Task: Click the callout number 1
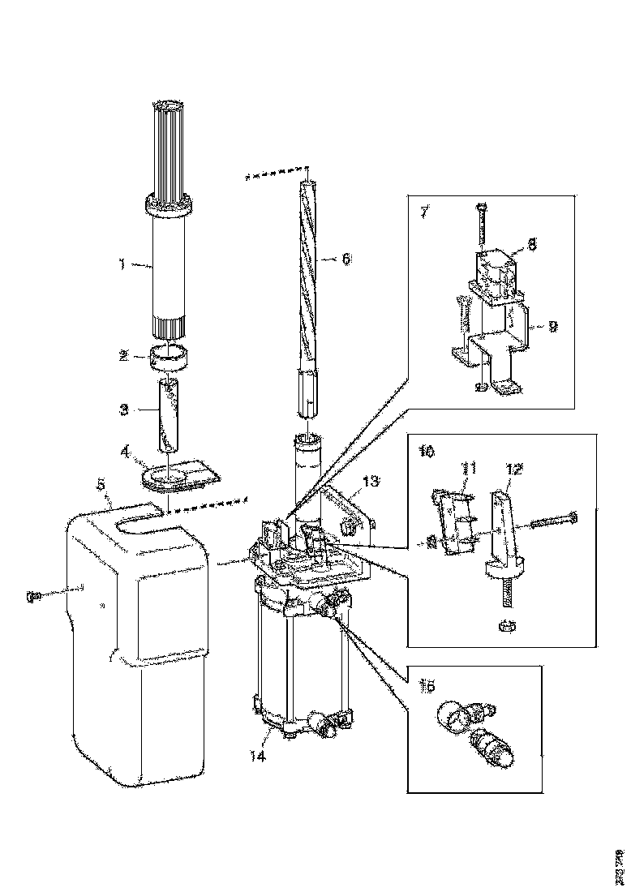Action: (x=122, y=263)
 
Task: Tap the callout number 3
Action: (x=124, y=410)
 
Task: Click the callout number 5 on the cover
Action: (x=101, y=484)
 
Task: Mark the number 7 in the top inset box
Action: (x=424, y=212)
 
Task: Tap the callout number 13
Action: (x=371, y=482)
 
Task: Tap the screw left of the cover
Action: (x=34, y=596)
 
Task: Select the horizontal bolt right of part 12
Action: (x=555, y=519)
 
